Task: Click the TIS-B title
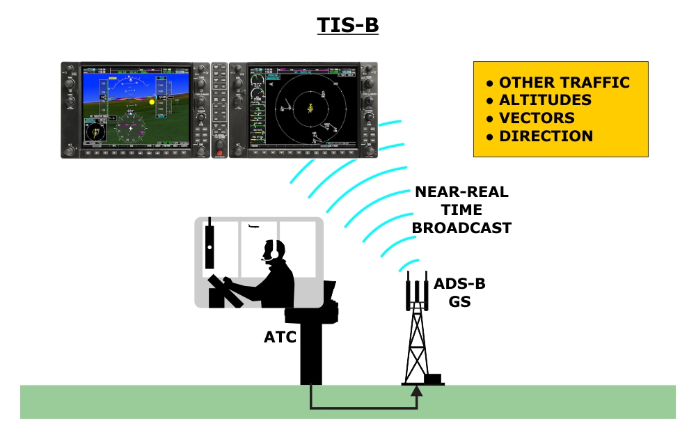[348, 24]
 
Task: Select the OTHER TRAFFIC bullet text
[564, 82]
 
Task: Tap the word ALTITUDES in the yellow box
[545, 100]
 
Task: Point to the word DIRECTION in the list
[546, 136]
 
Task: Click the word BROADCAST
[461, 228]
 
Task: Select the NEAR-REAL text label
[461, 192]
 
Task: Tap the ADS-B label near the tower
[459, 284]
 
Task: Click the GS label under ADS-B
[459, 301]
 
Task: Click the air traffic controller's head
[272, 251]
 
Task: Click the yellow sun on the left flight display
[151, 102]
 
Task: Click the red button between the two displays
[219, 152]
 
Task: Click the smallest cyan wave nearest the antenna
[404, 265]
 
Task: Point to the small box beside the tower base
[432, 379]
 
